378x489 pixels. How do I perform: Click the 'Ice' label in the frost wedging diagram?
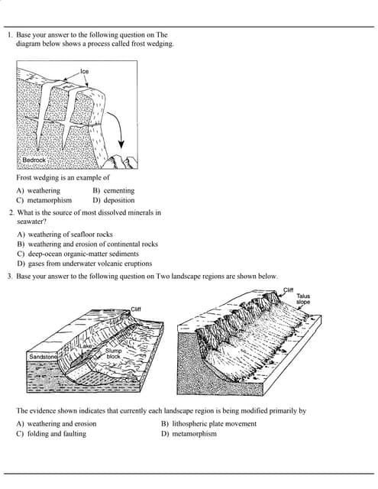point(84,71)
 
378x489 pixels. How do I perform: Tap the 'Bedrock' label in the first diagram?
point(34,160)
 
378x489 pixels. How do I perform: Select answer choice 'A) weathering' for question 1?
point(38,190)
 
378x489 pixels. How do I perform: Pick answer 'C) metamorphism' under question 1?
point(44,199)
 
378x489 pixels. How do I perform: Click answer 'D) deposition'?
point(113,199)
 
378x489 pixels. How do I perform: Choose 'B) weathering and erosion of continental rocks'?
point(87,244)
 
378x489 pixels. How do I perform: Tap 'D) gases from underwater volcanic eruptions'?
point(84,264)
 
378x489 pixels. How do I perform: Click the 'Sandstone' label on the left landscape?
point(43,357)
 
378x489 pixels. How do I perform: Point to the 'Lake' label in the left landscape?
point(86,346)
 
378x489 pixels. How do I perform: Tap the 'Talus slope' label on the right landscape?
point(303,298)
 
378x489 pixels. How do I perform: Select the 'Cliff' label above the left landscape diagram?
point(136,309)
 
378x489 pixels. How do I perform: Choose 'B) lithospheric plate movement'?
point(208,423)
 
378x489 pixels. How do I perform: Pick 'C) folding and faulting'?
point(51,433)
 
